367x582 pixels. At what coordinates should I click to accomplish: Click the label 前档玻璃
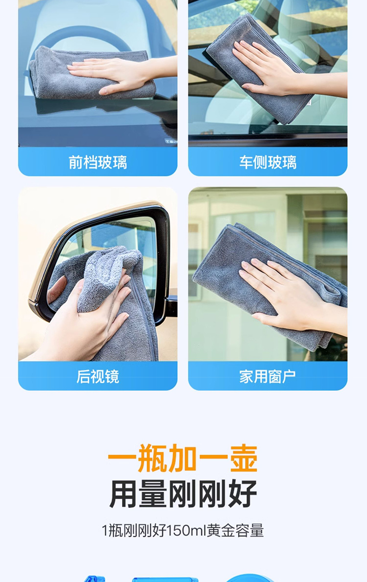(x=98, y=162)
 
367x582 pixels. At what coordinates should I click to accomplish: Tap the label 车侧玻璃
(x=268, y=162)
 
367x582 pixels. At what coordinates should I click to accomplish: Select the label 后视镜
(x=98, y=376)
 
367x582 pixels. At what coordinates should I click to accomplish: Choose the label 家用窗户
(x=268, y=376)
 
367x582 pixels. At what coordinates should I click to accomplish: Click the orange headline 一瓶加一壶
(x=183, y=459)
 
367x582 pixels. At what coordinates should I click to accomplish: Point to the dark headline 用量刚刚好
(x=183, y=494)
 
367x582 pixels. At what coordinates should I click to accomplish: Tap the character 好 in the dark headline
(x=242, y=494)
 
